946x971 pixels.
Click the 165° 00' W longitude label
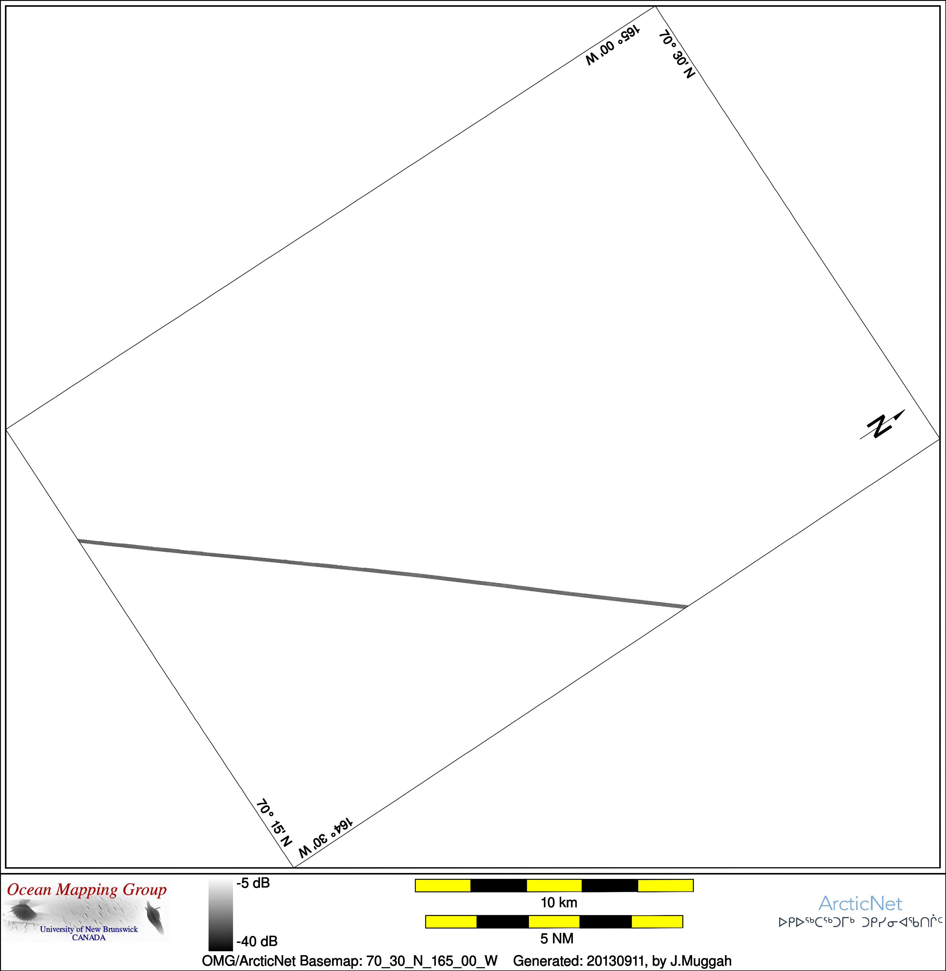[613, 45]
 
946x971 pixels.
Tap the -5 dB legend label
[253, 883]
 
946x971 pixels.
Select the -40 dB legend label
[257, 941]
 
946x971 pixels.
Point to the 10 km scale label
[559, 902]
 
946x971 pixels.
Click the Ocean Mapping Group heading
[87, 889]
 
